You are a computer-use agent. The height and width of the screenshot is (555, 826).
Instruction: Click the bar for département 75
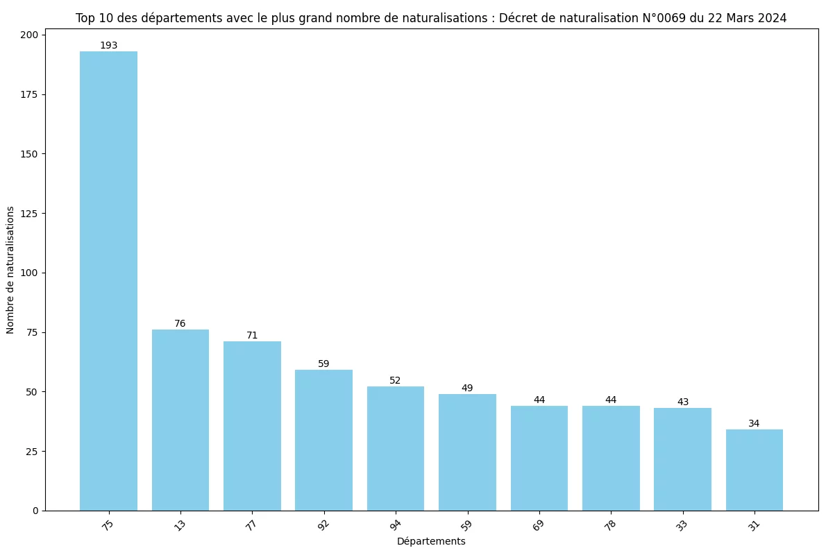[108, 281]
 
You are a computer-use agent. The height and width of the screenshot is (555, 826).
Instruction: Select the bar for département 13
[180, 420]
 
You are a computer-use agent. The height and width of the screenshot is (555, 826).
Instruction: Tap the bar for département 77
[252, 425]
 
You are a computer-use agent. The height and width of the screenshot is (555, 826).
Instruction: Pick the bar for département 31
[755, 470]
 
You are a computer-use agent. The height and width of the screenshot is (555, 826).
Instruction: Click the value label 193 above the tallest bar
[108, 46]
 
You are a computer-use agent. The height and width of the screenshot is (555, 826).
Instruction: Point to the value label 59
[323, 364]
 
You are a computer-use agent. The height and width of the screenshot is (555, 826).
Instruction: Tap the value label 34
[755, 423]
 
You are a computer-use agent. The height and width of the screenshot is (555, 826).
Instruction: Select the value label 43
[682, 402]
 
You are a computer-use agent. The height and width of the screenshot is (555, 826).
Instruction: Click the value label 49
[467, 388]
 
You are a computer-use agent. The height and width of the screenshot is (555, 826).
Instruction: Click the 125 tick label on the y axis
[31, 213]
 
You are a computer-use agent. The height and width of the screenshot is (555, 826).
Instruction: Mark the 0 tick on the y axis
[36, 511]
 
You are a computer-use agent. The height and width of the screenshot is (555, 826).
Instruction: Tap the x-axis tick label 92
[323, 525]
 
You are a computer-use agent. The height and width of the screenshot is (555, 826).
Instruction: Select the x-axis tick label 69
[539, 525]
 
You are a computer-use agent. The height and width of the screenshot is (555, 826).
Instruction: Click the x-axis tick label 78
[610, 525]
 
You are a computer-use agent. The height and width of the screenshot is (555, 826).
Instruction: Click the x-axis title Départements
[431, 541]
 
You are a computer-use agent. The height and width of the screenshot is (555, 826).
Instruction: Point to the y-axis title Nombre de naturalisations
[10, 269]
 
